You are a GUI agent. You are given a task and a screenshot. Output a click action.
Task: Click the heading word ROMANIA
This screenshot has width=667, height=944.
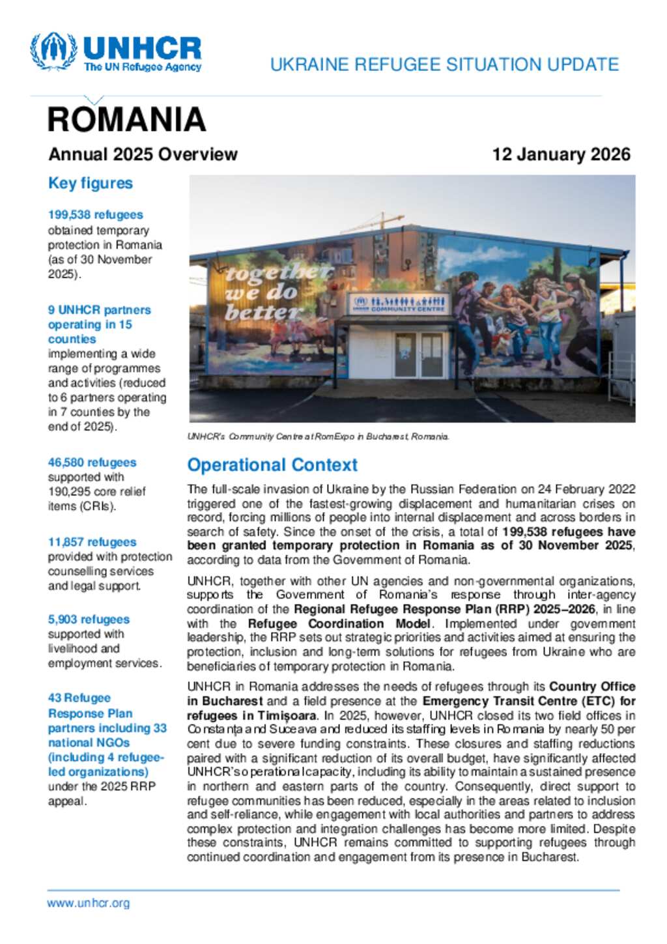pyautogui.click(x=126, y=120)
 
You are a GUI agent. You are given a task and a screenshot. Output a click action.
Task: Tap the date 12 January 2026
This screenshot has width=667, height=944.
pyautogui.click(x=561, y=154)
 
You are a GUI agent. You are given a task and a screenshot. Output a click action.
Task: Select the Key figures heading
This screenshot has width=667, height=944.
pyautogui.click(x=91, y=184)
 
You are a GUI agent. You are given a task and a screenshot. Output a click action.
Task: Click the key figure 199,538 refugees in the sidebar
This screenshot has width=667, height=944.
pyautogui.click(x=95, y=215)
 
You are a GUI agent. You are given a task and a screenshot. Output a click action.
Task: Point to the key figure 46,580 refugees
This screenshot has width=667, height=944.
pyautogui.click(x=92, y=463)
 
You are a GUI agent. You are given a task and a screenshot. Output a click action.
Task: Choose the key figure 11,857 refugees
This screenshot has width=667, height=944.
pyautogui.click(x=92, y=542)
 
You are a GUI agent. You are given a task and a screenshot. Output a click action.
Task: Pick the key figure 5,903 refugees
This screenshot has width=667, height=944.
pyautogui.click(x=89, y=620)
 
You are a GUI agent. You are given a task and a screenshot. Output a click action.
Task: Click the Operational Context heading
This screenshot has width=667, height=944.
pyautogui.click(x=272, y=465)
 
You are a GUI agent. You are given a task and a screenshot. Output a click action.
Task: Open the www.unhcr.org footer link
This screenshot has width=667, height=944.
pyautogui.click(x=88, y=903)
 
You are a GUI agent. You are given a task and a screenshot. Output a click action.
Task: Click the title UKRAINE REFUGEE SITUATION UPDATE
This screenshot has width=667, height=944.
pyautogui.click(x=444, y=64)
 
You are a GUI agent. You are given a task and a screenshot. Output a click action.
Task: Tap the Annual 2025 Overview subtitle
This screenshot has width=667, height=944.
pyautogui.click(x=143, y=154)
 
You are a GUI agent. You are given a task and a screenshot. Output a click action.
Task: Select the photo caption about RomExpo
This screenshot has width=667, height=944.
pyautogui.click(x=318, y=436)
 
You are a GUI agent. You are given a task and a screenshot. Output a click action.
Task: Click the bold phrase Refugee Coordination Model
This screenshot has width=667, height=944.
pyautogui.click(x=339, y=623)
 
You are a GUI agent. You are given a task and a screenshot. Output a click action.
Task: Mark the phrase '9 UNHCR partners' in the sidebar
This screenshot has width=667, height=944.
pyautogui.click(x=99, y=310)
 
